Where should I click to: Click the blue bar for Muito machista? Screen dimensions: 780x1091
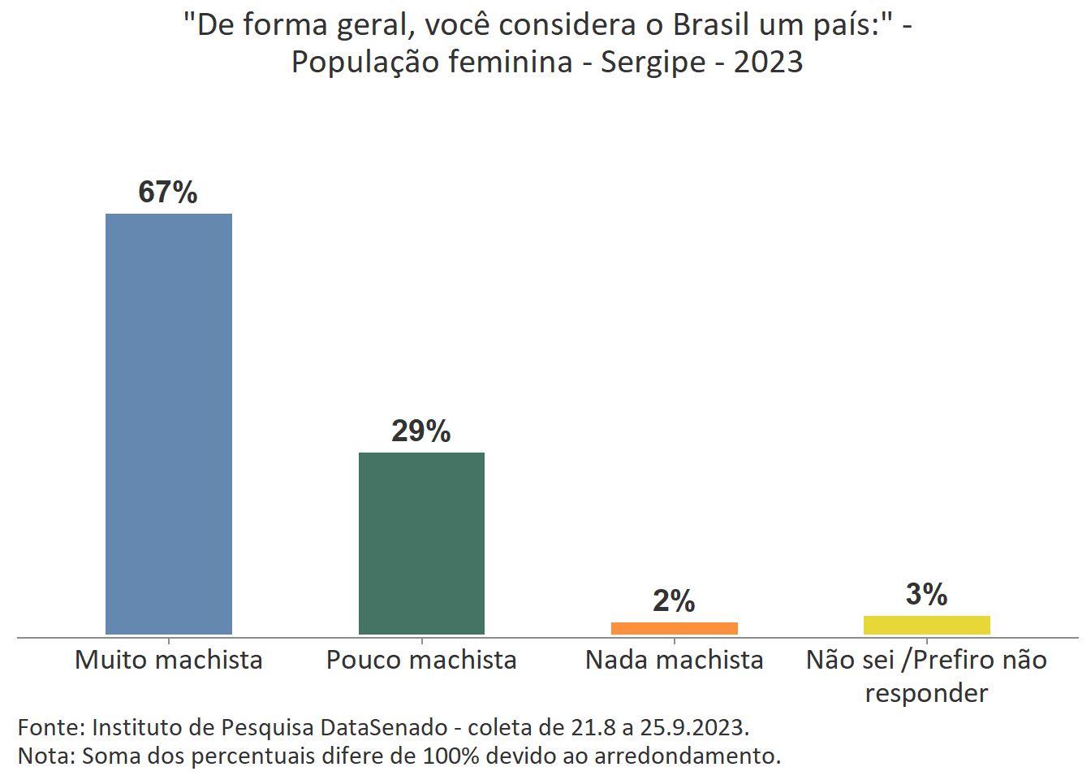coord(169,423)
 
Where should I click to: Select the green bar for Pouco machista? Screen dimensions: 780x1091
coord(421,543)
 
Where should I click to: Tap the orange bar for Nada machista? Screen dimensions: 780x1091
coord(674,628)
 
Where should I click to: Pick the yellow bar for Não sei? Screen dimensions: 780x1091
coord(926,625)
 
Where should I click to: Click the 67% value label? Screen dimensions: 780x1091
coord(168,193)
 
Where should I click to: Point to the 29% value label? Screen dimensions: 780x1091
coord(420,431)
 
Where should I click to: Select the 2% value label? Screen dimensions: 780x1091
coord(674,601)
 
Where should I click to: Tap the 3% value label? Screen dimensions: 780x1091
coord(926,595)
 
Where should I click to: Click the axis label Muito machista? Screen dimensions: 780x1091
coord(169,660)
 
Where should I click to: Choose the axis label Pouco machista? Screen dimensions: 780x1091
coord(421,660)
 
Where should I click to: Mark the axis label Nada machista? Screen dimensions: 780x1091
coord(674,660)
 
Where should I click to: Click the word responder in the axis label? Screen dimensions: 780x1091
coord(926,693)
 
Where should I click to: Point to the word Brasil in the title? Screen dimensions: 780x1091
coord(711,25)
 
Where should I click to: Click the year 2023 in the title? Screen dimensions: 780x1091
coord(768,62)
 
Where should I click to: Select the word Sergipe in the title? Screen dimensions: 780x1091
coord(653,63)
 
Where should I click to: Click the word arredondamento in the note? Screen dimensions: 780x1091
coord(687,756)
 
